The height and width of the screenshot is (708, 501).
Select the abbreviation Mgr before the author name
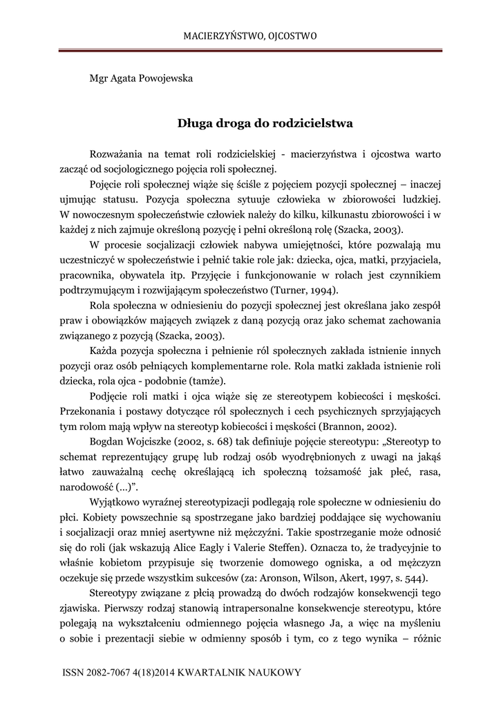[100, 77]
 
